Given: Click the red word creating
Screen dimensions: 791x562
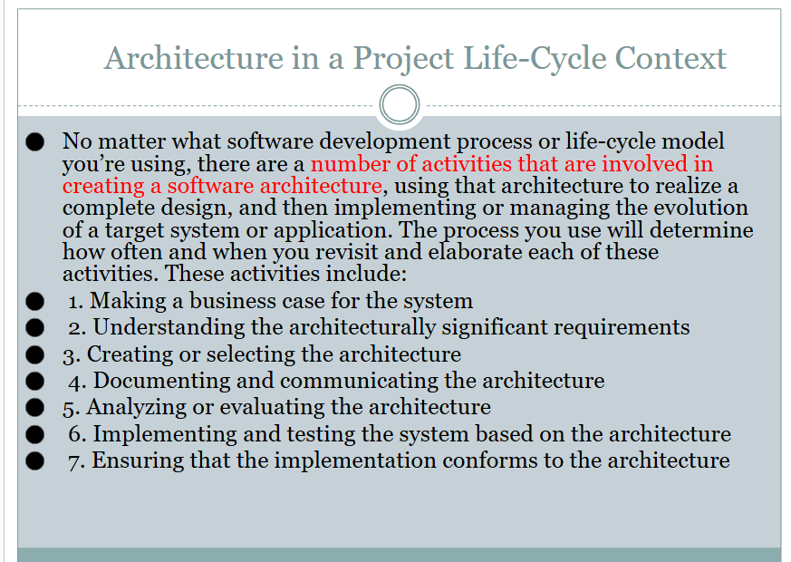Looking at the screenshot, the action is point(103,187).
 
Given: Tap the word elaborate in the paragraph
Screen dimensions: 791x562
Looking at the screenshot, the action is point(475,252).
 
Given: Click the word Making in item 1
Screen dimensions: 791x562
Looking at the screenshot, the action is point(128,302).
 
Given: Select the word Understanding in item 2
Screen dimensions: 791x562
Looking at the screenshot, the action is point(162,328).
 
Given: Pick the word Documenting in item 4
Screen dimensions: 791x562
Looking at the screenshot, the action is point(161,381).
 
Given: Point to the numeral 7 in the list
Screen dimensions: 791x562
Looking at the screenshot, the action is point(74,462).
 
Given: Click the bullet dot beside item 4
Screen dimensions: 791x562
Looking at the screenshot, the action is point(34,381).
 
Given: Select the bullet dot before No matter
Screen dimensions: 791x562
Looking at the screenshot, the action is point(34,141).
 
